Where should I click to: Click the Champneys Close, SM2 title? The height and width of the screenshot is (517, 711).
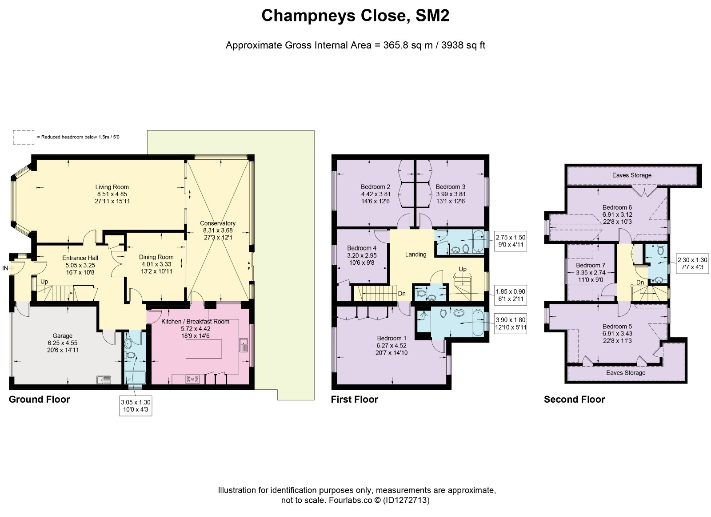355,16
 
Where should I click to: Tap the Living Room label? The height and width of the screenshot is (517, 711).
112,187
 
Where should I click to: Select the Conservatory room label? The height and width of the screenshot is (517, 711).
218,223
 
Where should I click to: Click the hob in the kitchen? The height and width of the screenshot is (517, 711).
193,379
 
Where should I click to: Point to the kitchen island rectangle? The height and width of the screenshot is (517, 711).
204,349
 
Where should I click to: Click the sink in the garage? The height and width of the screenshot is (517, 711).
104,380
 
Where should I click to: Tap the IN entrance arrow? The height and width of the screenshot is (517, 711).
12,268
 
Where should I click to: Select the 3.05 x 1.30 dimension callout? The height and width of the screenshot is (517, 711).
136,406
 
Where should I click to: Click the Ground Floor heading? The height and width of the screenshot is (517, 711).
39,400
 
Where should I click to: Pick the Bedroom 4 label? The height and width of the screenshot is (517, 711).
362,248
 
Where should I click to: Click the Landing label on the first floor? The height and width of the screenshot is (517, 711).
415,254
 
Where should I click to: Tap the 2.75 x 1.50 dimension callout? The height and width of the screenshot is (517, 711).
511,241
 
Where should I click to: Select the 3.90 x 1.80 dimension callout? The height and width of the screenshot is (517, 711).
511,324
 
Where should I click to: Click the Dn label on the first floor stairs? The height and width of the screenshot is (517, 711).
402,294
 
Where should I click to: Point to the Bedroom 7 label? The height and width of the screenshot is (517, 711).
591,265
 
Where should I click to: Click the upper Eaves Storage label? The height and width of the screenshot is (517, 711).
631,175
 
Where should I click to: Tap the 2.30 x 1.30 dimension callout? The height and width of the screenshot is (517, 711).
692,263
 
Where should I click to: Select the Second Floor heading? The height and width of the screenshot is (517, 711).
575,400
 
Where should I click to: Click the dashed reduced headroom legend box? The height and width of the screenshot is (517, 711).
24,137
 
